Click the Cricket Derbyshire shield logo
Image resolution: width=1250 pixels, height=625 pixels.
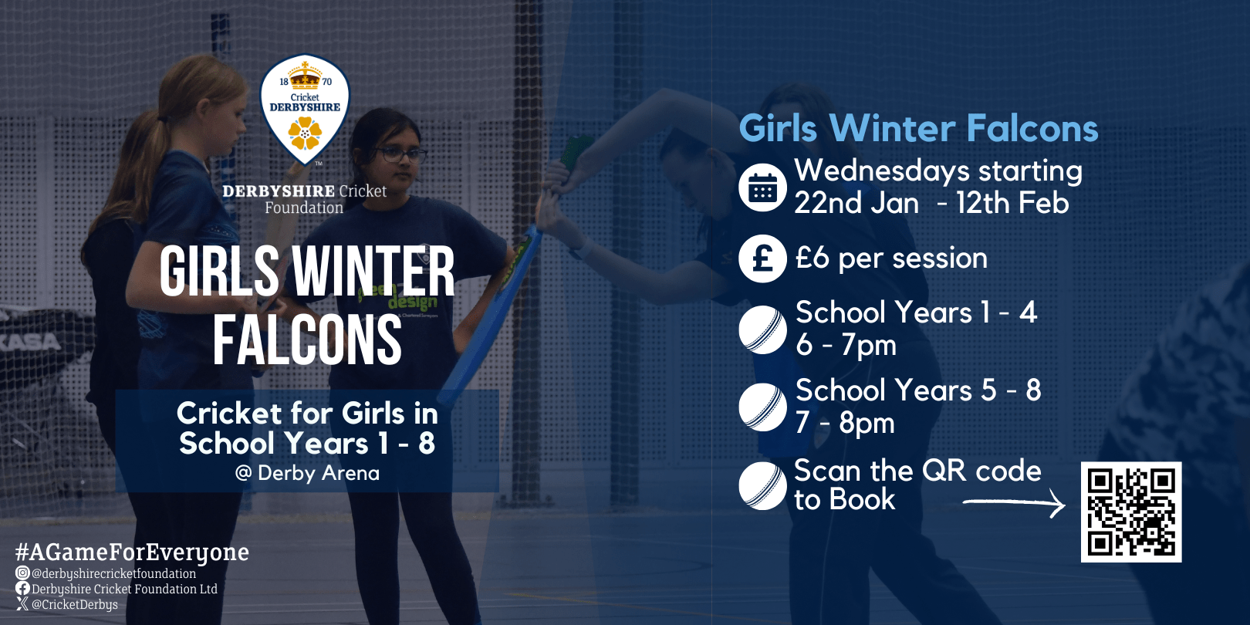click(305, 110)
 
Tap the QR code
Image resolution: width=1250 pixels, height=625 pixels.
click(1130, 512)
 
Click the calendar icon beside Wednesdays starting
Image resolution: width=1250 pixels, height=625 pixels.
click(762, 187)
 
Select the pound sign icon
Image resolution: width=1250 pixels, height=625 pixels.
click(762, 258)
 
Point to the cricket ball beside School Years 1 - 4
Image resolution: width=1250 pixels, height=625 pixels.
click(762, 329)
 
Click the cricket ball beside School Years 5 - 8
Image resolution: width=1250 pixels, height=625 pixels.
click(762, 407)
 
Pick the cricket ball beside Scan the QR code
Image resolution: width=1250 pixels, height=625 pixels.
click(762, 486)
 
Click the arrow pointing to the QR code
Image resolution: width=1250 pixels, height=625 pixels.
click(1015, 504)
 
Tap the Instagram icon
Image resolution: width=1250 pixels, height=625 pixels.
click(22, 573)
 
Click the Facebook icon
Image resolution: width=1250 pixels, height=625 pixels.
click(22, 589)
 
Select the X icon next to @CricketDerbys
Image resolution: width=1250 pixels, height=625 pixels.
click(22, 604)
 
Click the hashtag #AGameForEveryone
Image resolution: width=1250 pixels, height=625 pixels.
click(132, 552)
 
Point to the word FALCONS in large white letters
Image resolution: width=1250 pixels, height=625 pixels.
click(307, 340)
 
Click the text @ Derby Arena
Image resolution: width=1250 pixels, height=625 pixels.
click(307, 473)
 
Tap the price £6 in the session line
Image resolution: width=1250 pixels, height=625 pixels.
click(812, 258)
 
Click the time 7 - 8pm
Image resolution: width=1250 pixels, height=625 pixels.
click(845, 423)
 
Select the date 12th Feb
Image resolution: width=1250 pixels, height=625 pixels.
click(1012, 203)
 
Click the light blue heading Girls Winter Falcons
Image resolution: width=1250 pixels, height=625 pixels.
click(918, 128)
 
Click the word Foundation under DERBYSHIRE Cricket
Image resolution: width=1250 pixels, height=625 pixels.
click(304, 208)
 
